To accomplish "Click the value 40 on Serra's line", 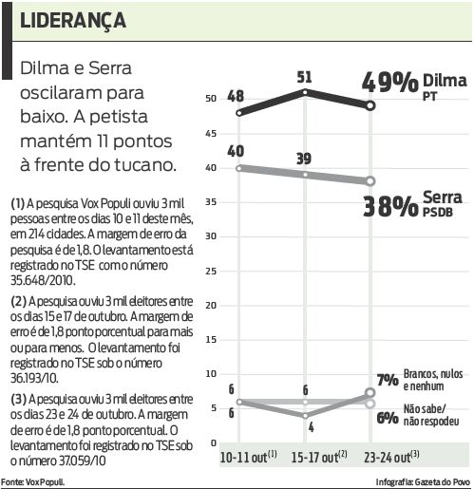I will click(x=236, y=151).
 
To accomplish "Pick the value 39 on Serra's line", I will click(x=304, y=157).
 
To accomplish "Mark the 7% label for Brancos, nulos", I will click(x=387, y=381).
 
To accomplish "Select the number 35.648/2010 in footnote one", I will click(x=45, y=282).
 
